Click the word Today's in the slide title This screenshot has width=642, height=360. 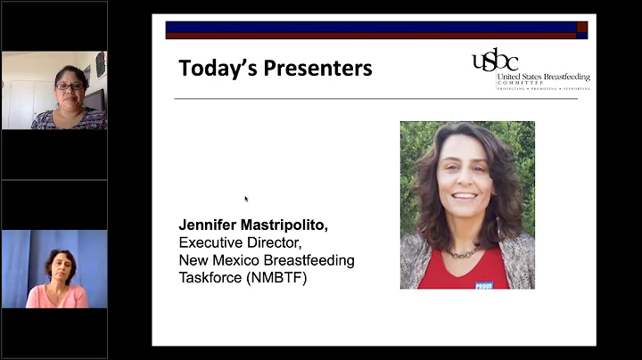click(x=211, y=68)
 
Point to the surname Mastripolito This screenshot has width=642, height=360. click(x=285, y=225)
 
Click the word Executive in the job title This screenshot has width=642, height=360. click(x=212, y=242)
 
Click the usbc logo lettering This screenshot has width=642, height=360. click(x=494, y=61)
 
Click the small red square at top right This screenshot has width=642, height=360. click(x=581, y=27)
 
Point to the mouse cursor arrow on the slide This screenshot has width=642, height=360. click(x=246, y=198)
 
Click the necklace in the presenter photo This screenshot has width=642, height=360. click(x=464, y=253)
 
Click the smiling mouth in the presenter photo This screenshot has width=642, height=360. click(x=464, y=195)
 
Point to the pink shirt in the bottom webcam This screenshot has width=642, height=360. click(x=57, y=296)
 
